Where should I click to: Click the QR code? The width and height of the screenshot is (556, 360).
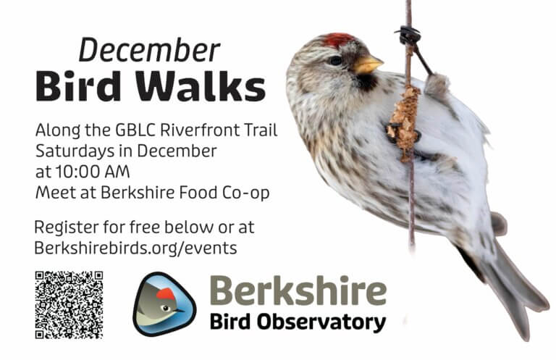tap(69, 304)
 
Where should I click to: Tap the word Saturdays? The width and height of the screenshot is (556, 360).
tap(71, 151)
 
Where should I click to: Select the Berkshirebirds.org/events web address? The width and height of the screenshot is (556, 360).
tap(135, 246)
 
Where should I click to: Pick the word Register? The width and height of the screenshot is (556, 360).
tap(65, 226)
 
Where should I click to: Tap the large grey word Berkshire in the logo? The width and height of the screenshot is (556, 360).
tap(298, 292)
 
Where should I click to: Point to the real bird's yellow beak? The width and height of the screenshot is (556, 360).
tap(367, 66)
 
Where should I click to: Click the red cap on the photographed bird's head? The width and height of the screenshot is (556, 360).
tap(339, 40)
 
